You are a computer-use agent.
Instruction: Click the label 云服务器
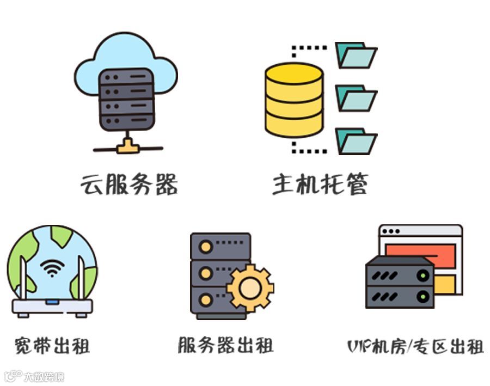click(x=128, y=185)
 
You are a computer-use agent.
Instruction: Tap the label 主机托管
click(x=320, y=185)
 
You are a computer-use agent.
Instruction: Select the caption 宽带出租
click(x=52, y=346)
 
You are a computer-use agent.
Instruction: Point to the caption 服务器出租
click(x=225, y=345)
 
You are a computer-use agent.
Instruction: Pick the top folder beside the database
click(x=355, y=55)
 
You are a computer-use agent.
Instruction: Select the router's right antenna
click(x=81, y=278)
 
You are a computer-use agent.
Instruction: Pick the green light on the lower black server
click(x=421, y=297)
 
